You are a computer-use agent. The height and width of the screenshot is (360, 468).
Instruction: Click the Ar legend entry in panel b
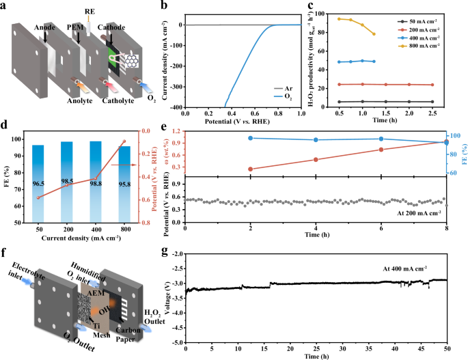pos(269,88)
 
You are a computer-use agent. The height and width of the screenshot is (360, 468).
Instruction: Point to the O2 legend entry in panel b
pos(269,98)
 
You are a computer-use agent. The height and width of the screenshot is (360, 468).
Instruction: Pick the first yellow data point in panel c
pos(340,18)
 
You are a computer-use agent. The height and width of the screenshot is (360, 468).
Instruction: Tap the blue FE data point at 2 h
pos(251,138)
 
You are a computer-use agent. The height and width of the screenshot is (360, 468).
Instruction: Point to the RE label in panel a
pos(90,12)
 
